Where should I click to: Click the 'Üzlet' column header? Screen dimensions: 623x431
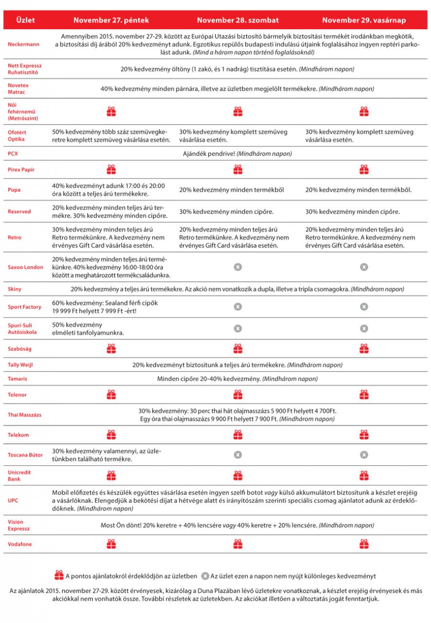(25, 20)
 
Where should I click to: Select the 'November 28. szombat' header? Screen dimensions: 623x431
(237, 20)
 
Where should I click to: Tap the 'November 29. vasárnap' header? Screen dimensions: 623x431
(363, 20)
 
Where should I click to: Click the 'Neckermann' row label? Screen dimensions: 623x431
(23, 44)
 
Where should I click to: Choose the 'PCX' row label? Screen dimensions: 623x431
(13, 153)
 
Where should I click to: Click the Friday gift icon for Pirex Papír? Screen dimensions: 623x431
(111, 169)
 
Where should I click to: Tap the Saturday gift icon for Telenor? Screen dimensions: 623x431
(237, 394)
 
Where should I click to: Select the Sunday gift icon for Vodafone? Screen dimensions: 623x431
(363, 544)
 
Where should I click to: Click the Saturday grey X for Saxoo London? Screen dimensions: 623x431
(237, 267)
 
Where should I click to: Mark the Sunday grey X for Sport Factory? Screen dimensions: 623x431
(363, 307)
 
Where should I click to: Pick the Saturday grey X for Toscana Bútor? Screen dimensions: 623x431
(237, 455)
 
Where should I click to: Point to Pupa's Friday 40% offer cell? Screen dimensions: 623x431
(109, 189)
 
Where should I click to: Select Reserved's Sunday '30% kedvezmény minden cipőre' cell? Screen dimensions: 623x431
(353, 212)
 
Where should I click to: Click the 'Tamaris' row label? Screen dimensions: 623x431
(18, 378)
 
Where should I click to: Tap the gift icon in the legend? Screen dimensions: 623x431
(59, 576)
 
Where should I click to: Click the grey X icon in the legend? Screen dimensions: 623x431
(205, 576)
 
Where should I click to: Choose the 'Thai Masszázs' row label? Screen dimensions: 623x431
(24, 415)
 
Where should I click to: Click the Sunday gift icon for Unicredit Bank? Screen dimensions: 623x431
(363, 475)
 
